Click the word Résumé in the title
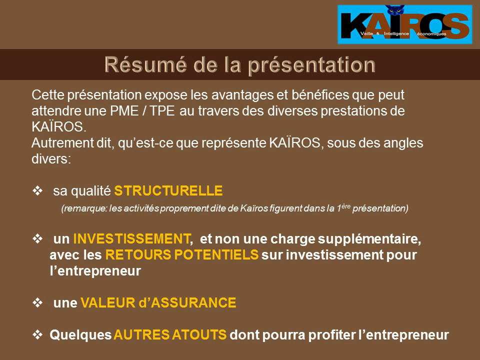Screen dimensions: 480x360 coord(145,64)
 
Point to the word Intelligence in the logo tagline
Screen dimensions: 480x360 coord(396,33)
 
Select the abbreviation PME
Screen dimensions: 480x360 coord(124,111)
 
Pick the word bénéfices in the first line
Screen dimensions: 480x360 coord(320,95)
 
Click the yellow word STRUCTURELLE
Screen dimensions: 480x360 coord(168,190)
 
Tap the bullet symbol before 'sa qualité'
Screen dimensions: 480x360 coord(37,190)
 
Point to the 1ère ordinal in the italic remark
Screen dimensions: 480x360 coord(343,207)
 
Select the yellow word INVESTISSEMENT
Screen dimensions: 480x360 coord(132,239)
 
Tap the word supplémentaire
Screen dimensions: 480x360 coord(369,239)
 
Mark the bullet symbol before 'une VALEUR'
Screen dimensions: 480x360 coord(37,302)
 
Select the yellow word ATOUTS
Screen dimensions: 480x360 coord(199,334)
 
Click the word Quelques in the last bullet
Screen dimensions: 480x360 coord(80,335)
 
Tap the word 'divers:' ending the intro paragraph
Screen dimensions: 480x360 coord(51,159)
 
